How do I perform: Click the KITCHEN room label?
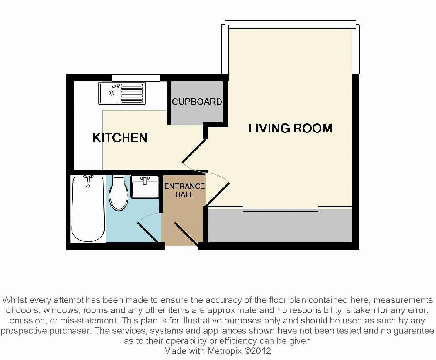[120, 138]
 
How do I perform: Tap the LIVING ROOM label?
[290, 128]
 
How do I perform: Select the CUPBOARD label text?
[197, 102]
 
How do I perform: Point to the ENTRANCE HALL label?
[184, 190]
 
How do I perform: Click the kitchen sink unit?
[121, 94]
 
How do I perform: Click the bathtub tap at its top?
[89, 178]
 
